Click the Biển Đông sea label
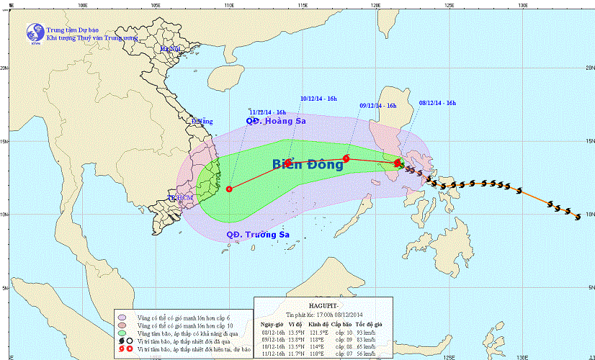pos(308,164)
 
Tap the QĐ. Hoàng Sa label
pos(277,122)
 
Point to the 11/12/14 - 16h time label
pos(268,112)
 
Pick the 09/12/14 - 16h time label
pos(378,105)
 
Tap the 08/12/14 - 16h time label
pos(437,103)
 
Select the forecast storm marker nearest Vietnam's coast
pos(230,189)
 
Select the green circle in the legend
pos(122,333)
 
